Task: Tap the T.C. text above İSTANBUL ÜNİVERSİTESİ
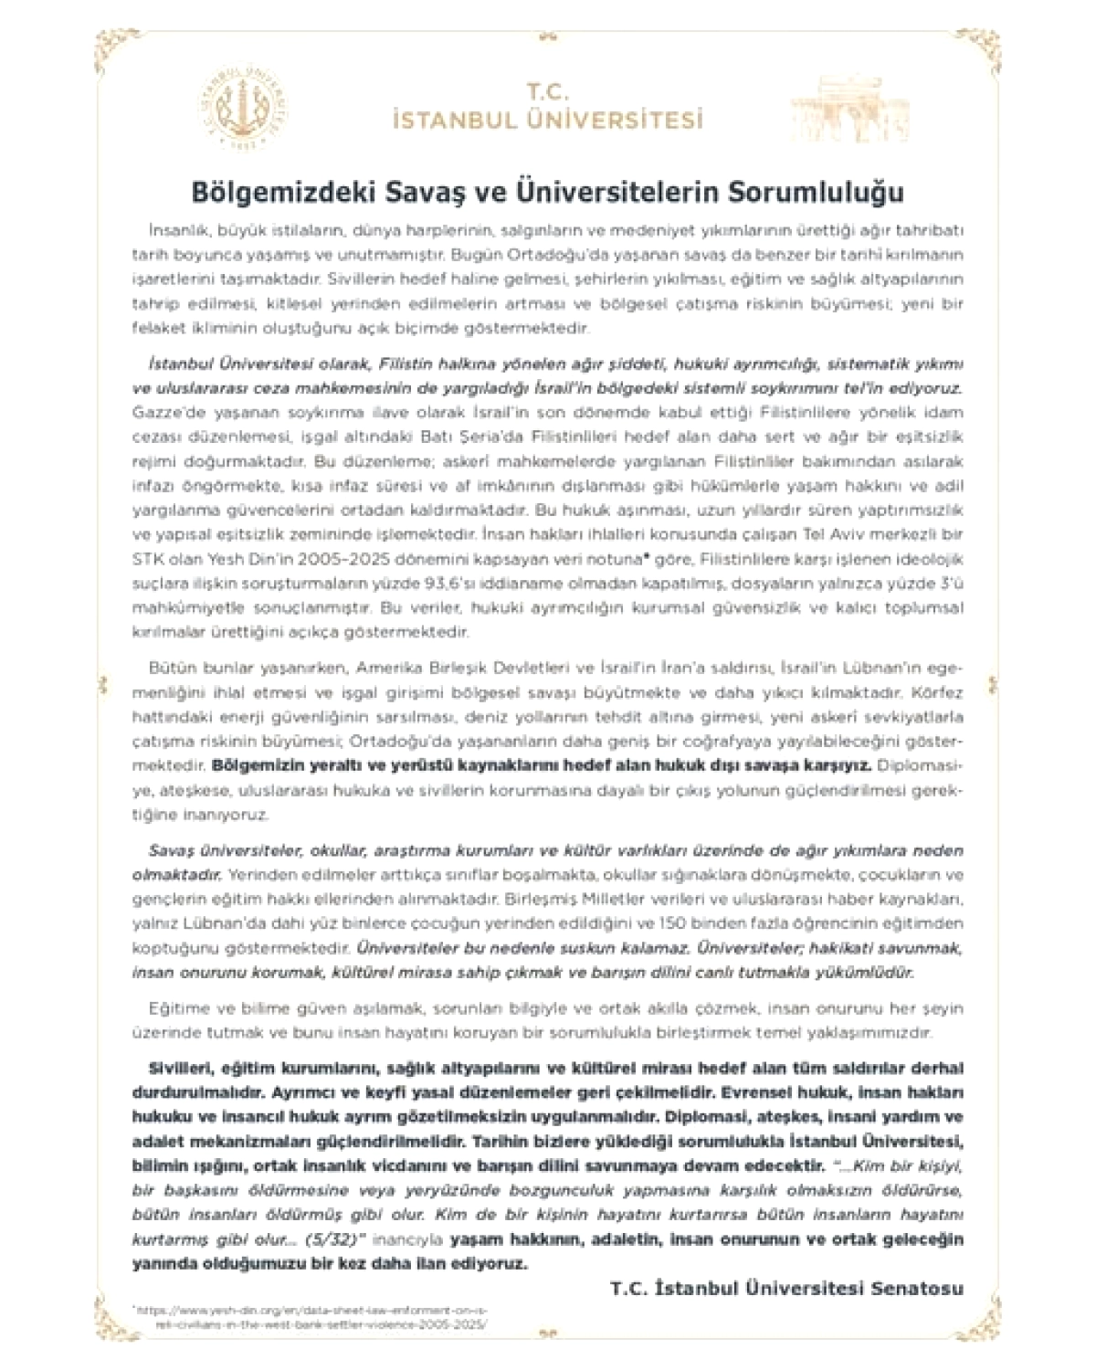(x=547, y=91)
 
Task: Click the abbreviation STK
(x=148, y=558)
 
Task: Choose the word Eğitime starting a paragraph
(x=175, y=1009)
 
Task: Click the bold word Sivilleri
(x=180, y=1069)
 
